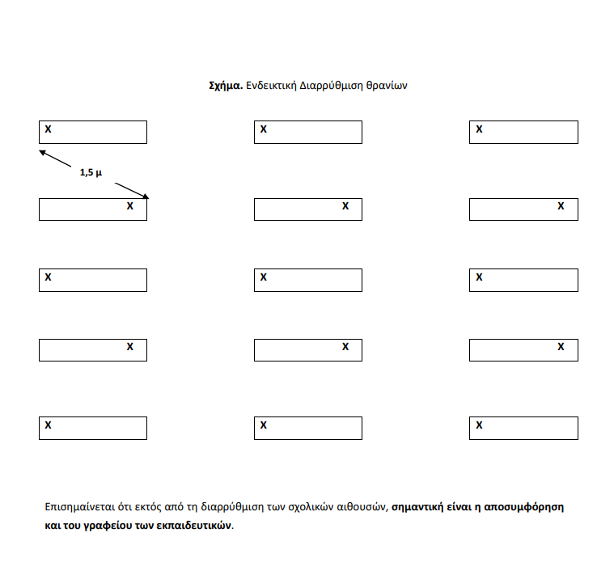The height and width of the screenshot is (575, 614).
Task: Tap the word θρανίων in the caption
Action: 388,85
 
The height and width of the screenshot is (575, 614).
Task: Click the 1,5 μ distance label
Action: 91,172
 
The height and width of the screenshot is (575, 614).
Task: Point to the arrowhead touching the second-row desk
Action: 146,196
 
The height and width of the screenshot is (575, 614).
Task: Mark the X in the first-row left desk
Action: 48,129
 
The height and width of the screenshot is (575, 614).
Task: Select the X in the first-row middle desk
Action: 263,129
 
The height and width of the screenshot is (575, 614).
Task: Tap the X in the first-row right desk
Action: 479,129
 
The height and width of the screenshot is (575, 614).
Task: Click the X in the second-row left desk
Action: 129,206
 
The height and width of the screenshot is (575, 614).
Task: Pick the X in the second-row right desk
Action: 561,206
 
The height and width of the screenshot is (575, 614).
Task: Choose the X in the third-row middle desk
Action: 263,277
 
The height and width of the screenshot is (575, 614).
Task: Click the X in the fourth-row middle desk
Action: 345,347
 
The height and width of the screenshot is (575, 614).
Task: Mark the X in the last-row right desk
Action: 479,425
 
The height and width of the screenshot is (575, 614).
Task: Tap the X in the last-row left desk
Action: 48,425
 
